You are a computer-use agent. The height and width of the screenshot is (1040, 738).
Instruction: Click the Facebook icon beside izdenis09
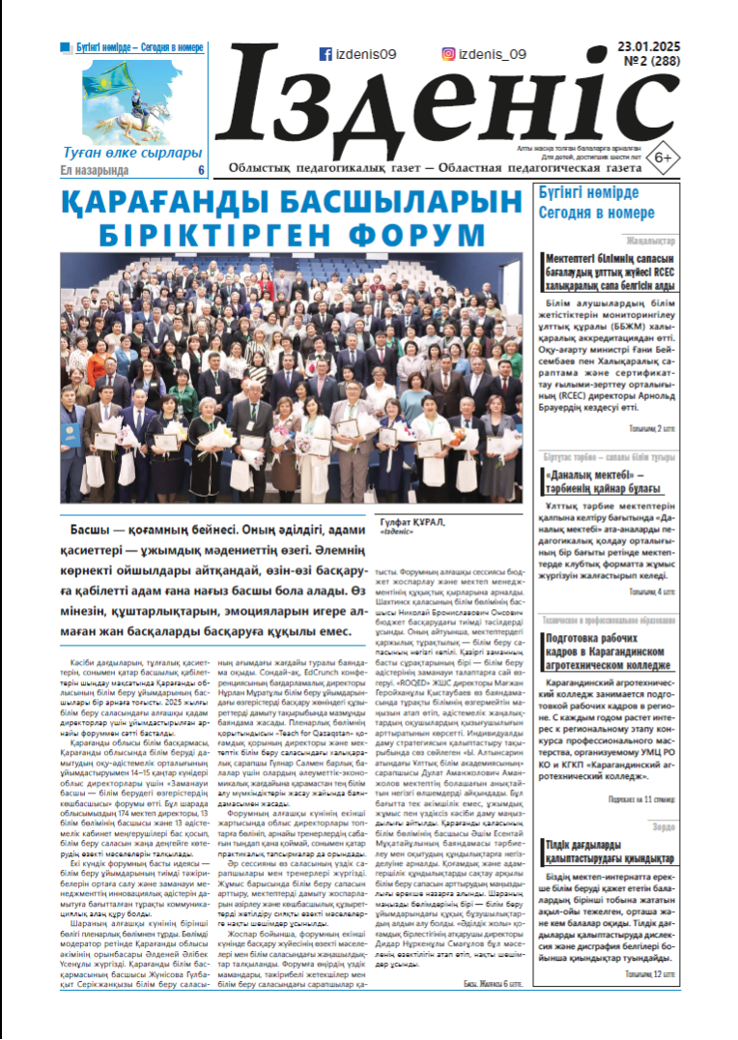tap(326, 55)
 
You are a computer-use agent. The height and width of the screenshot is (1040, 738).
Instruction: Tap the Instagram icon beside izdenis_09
tap(448, 55)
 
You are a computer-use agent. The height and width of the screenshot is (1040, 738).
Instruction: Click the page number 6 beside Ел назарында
tap(201, 170)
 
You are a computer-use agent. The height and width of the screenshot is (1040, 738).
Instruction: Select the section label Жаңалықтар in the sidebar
tap(651, 240)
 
